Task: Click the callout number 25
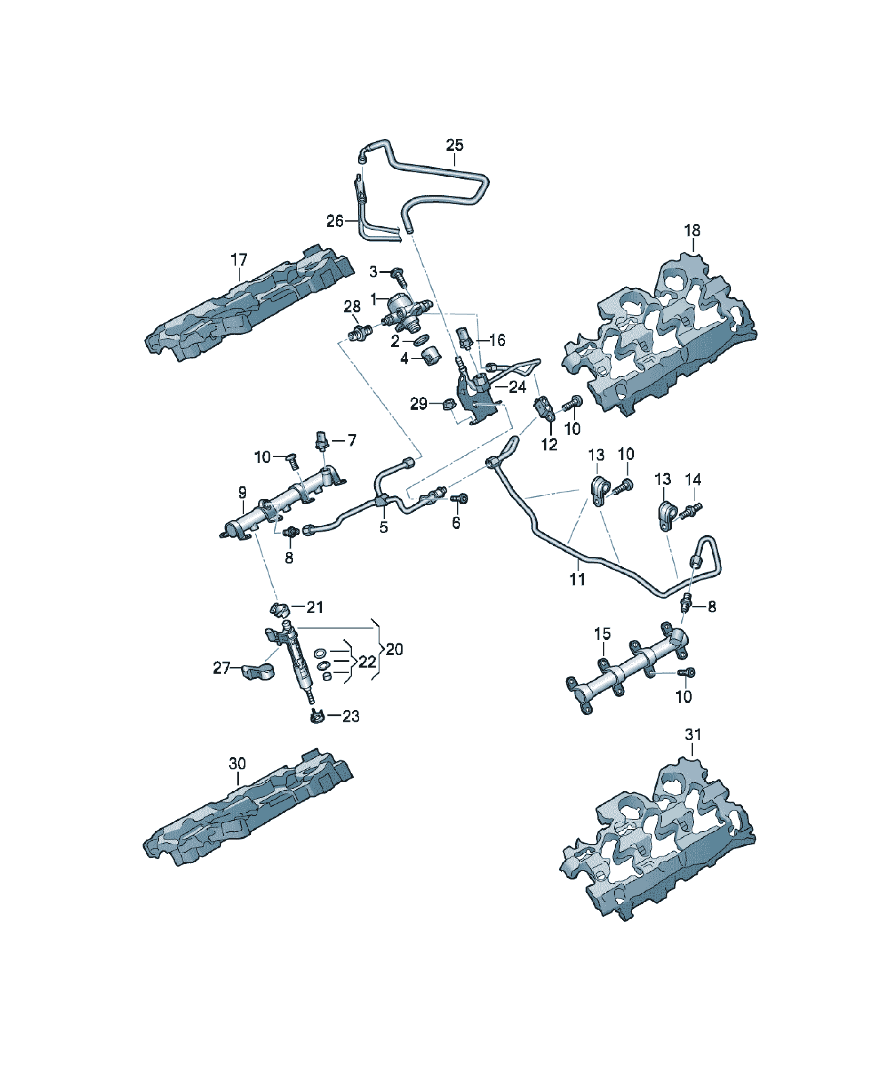455,145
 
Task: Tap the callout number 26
335,221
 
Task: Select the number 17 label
239,260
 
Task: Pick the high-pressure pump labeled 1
408,312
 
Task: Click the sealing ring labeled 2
421,339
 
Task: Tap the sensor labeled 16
465,337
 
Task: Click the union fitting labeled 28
360,332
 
